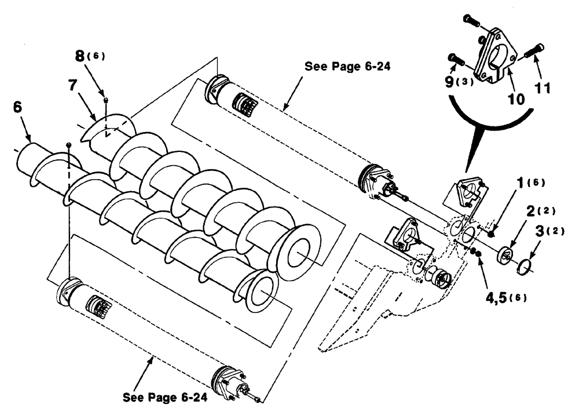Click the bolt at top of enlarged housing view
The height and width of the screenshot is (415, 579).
tap(470, 21)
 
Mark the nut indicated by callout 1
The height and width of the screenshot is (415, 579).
tap(490, 234)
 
